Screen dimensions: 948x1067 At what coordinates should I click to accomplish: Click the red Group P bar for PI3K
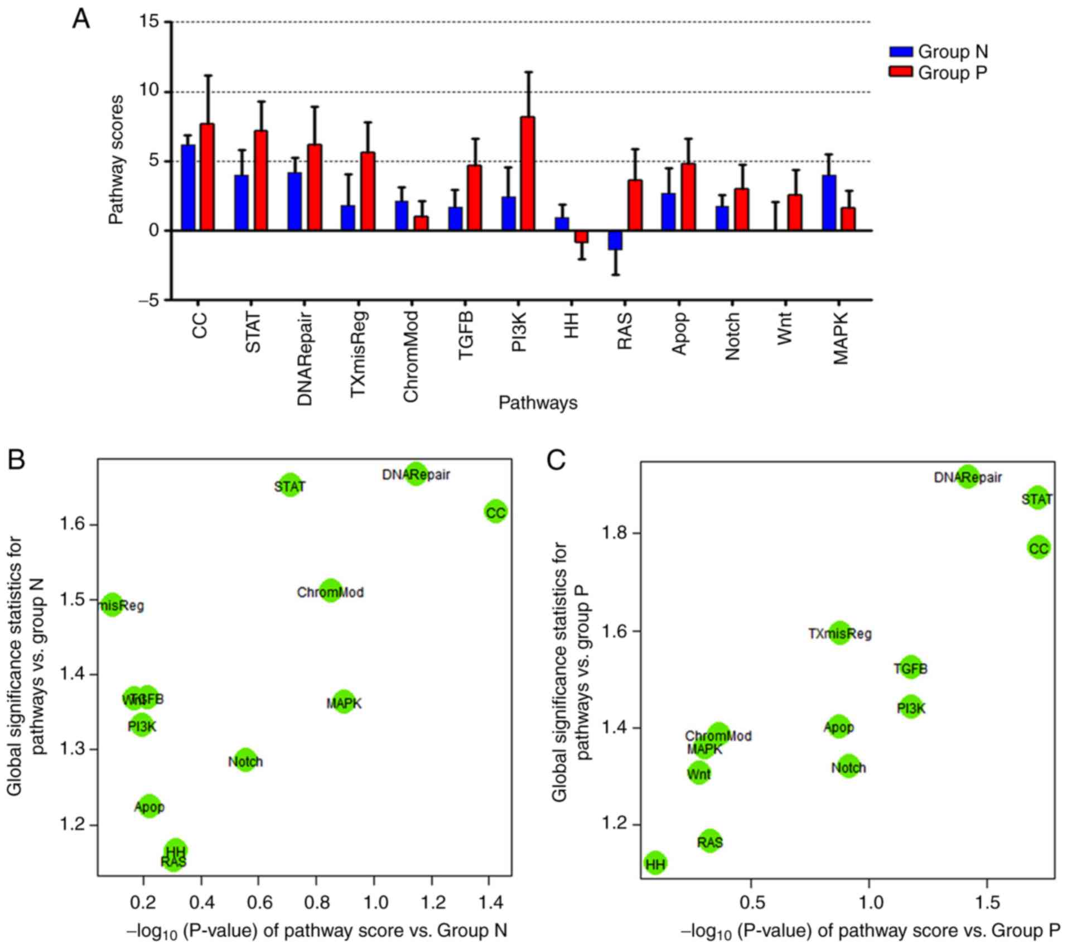527,174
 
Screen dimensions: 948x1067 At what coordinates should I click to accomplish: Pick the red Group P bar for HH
581,236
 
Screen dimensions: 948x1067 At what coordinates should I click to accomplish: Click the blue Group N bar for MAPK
829,203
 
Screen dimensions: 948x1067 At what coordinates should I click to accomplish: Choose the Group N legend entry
938,52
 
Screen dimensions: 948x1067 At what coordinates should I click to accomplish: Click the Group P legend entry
938,73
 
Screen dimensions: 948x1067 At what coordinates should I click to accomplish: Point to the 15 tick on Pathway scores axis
153,22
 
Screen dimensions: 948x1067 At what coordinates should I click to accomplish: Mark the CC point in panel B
495,512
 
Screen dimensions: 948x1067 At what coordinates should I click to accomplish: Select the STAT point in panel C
1037,498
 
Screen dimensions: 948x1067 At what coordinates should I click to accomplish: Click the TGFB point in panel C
910,668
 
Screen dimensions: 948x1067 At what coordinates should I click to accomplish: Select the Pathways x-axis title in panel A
538,403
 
